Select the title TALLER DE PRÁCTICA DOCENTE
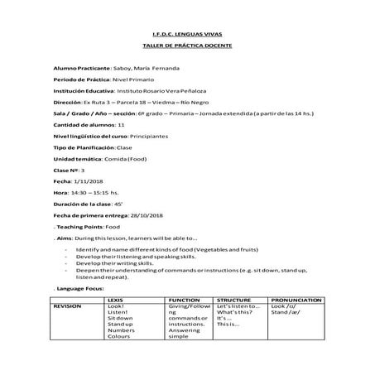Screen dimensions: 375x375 [186, 45]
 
